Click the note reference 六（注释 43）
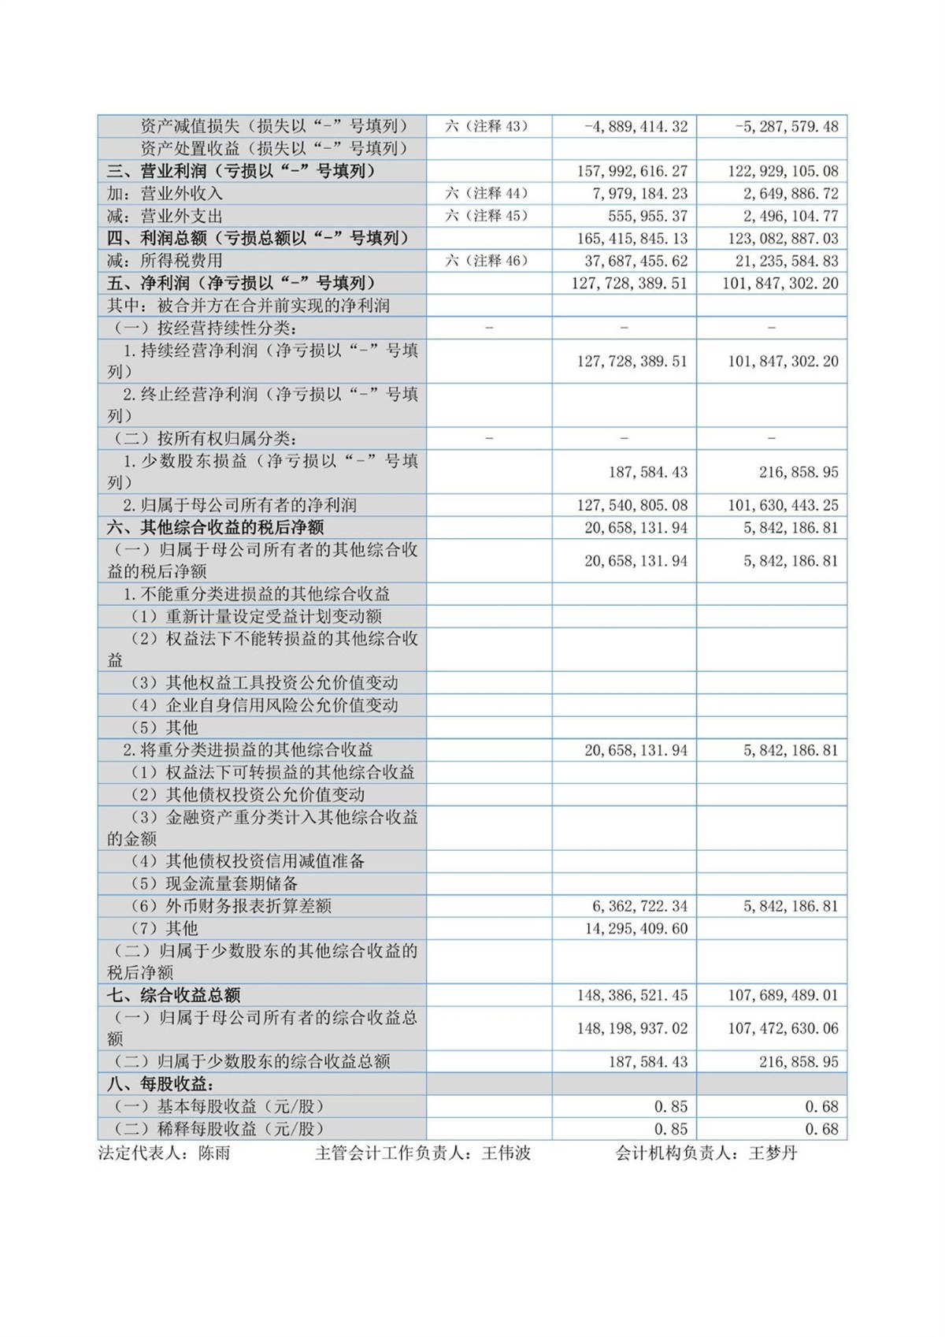pyautogui.click(x=486, y=126)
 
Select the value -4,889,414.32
pyautogui.click(x=636, y=126)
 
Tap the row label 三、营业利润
pyautogui.click(x=241, y=171)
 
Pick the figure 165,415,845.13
pyautogui.click(x=632, y=238)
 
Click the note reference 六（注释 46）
pyautogui.click(x=486, y=261)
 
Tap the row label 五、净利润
pyautogui.click(x=241, y=283)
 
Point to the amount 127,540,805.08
pyautogui.click(x=632, y=505)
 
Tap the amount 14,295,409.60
pyautogui.click(x=636, y=928)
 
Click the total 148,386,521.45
pyautogui.click(x=632, y=995)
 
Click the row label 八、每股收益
pyautogui.click(x=161, y=1084)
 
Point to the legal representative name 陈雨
pyautogui.click(x=214, y=1153)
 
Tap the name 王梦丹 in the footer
pyautogui.click(x=773, y=1153)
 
